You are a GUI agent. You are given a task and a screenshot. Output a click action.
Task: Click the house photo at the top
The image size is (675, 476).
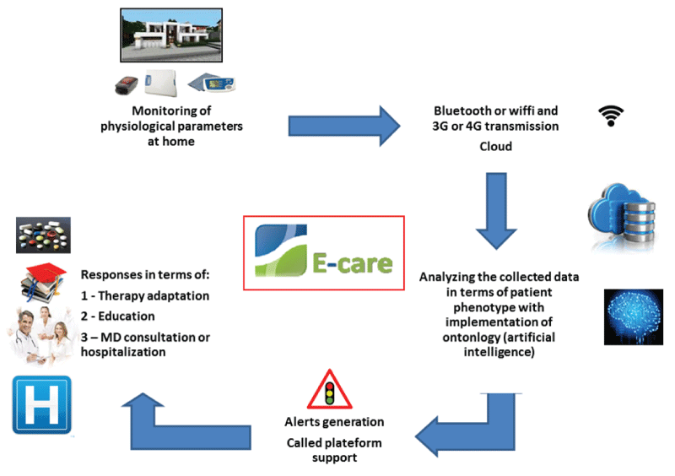[x=171, y=39]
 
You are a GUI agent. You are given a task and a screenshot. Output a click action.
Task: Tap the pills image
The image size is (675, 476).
[x=43, y=235]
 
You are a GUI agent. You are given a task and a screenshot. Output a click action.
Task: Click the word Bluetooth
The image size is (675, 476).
[x=465, y=111]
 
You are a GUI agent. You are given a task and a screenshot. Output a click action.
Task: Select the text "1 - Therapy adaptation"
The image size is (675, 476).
[x=145, y=295]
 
